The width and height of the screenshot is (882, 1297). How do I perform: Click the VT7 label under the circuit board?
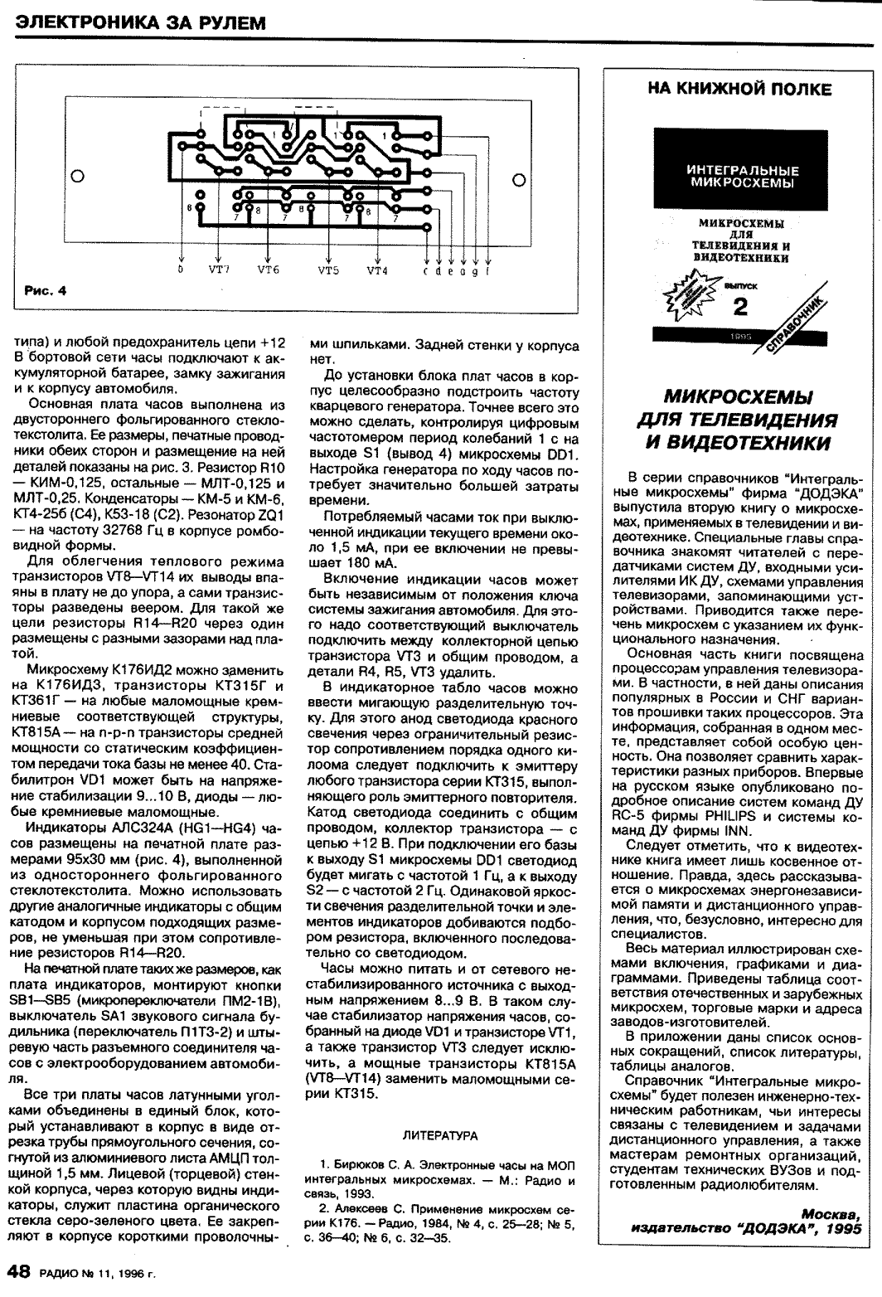(x=220, y=270)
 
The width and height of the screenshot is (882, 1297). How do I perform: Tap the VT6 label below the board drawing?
(x=269, y=270)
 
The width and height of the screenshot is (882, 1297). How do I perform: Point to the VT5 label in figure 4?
(x=330, y=270)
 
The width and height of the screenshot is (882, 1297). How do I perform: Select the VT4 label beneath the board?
(x=378, y=270)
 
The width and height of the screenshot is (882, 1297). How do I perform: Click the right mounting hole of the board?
(x=520, y=180)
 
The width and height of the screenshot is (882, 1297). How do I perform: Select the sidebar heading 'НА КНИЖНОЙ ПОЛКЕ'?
(x=739, y=89)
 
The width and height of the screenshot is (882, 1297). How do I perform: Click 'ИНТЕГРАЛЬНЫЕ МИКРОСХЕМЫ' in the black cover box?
(x=739, y=176)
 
